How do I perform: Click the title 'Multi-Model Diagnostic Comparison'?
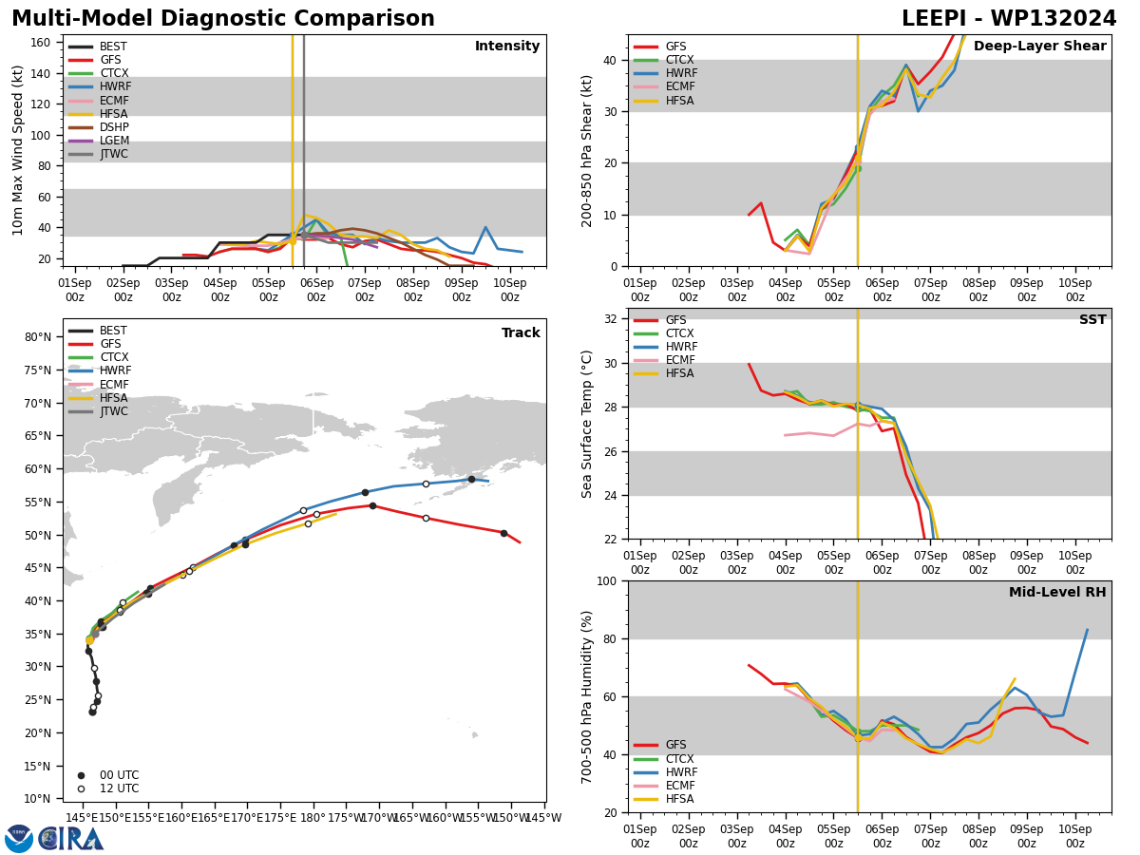[x=223, y=19]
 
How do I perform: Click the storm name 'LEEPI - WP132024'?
[x=1009, y=19]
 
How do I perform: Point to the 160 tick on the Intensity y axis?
[x=42, y=42]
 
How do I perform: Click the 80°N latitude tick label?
[x=39, y=337]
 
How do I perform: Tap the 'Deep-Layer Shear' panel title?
[x=1039, y=47]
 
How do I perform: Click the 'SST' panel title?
[x=1092, y=320]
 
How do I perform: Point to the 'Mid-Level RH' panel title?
[x=1057, y=593]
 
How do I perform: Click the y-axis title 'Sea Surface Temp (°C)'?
[x=588, y=424]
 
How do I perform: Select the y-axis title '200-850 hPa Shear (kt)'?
[x=588, y=150]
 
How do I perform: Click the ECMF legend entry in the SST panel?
[x=679, y=360]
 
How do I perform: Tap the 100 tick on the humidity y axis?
[x=605, y=580]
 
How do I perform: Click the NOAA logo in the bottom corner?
[x=19, y=838]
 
